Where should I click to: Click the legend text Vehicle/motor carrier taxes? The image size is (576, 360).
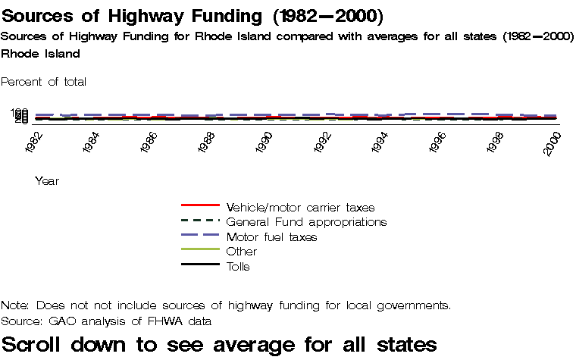point(300,207)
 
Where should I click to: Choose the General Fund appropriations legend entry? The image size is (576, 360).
point(306,222)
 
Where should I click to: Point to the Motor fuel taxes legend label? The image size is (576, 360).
point(271,237)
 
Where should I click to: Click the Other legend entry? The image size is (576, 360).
point(242,252)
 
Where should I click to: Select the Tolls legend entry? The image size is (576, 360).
point(238,267)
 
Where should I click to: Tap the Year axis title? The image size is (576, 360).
point(47,181)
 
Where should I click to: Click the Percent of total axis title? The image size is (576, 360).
point(44,82)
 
